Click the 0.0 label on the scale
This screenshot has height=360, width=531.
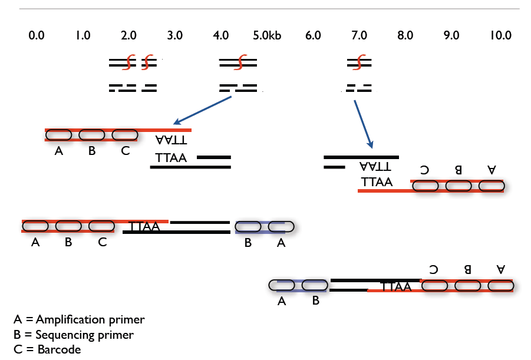pyautogui.click(x=36, y=35)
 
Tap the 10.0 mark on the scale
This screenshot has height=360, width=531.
pyautogui.click(x=500, y=35)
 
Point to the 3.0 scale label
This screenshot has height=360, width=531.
pyautogui.click(x=174, y=35)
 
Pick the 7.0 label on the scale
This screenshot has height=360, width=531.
pyautogui.click(x=359, y=35)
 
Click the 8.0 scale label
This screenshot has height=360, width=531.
pyautogui.click(x=405, y=35)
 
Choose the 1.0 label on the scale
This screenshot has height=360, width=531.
pyautogui.click(x=83, y=35)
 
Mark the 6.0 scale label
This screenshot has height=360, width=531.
pyautogui.click(x=313, y=35)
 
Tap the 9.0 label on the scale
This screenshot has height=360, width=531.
pyautogui.click(x=451, y=35)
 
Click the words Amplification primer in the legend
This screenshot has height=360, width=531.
pyautogui.click(x=90, y=320)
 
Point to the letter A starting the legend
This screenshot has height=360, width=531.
pyautogui.click(x=18, y=320)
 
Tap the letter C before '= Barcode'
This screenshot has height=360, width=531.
pyautogui.click(x=18, y=349)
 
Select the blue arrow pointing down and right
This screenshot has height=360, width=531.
pyautogui.click(x=363, y=124)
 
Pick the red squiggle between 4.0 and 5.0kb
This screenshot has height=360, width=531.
pyautogui.click(x=240, y=61)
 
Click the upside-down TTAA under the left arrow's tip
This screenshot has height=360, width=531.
pyautogui.click(x=171, y=140)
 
